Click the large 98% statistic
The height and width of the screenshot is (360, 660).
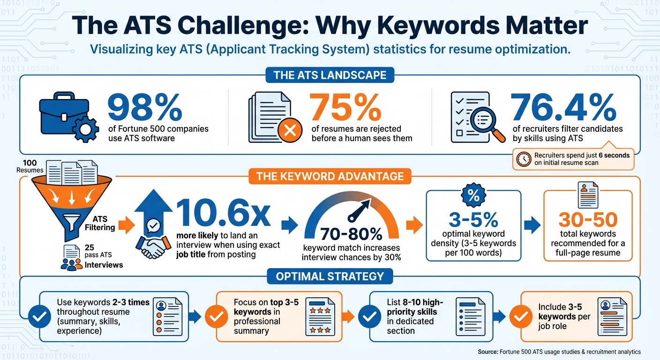pyautogui.click(x=144, y=108)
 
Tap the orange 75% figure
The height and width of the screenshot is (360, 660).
pyautogui.click(x=346, y=108)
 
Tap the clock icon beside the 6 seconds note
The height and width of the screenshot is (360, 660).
pyautogui.click(x=523, y=159)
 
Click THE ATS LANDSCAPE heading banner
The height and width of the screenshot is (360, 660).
pyautogui.click(x=330, y=75)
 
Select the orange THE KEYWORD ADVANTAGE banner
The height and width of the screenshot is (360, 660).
pyautogui.click(x=330, y=176)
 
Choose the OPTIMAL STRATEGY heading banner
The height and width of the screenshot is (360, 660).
pyautogui.click(x=330, y=276)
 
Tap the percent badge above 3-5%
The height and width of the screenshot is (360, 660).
pyautogui.click(x=474, y=196)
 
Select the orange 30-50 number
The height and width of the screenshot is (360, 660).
pyautogui.click(x=588, y=219)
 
